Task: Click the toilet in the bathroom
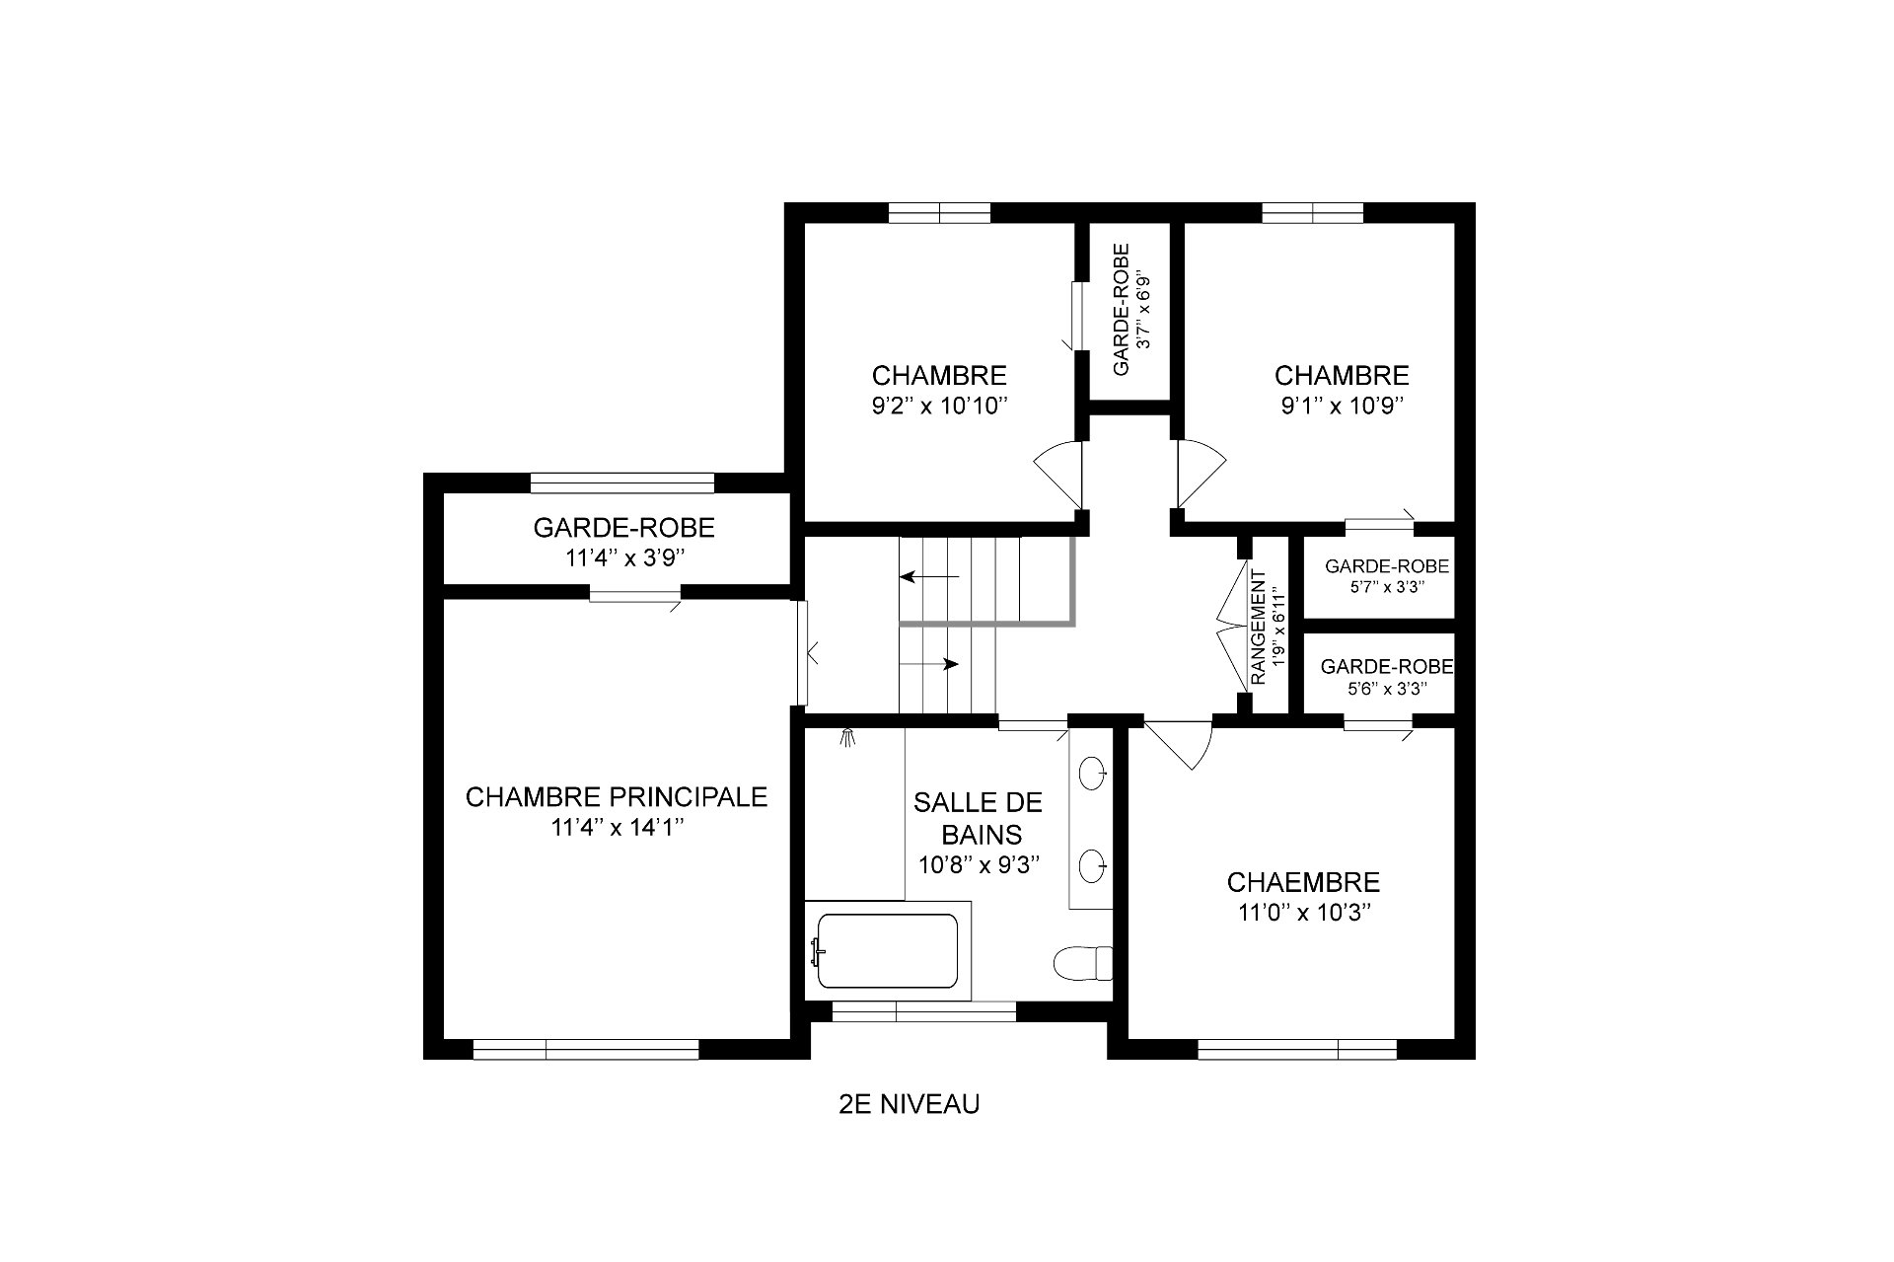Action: click(x=1083, y=962)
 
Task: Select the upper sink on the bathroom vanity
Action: click(x=1092, y=775)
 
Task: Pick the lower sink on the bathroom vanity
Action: click(x=1092, y=866)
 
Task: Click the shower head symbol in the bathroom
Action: click(x=847, y=736)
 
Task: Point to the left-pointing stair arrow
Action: click(x=929, y=575)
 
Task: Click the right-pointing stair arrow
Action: click(x=929, y=664)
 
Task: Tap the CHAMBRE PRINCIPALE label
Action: click(x=617, y=796)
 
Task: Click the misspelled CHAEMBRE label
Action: click(x=1303, y=882)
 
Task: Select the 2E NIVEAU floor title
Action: click(x=909, y=1104)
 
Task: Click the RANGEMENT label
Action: click(x=1259, y=628)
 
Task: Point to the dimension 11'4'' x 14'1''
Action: click(x=617, y=827)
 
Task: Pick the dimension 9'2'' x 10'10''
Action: click(x=939, y=406)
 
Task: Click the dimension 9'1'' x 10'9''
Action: click(x=1342, y=406)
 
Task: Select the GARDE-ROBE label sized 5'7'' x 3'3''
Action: click(x=1387, y=566)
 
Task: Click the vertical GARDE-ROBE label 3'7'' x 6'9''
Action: click(x=1122, y=309)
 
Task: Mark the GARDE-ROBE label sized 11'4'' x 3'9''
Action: click(x=623, y=528)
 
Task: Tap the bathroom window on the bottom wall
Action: click(x=923, y=1010)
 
